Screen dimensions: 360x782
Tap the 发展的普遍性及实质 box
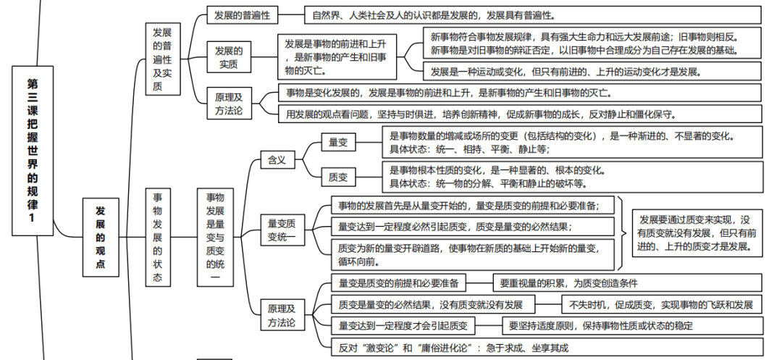point(162,59)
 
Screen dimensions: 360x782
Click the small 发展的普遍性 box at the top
point(241,14)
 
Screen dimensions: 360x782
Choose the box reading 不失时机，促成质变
point(662,305)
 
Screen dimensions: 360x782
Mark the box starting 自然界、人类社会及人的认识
point(522,14)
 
